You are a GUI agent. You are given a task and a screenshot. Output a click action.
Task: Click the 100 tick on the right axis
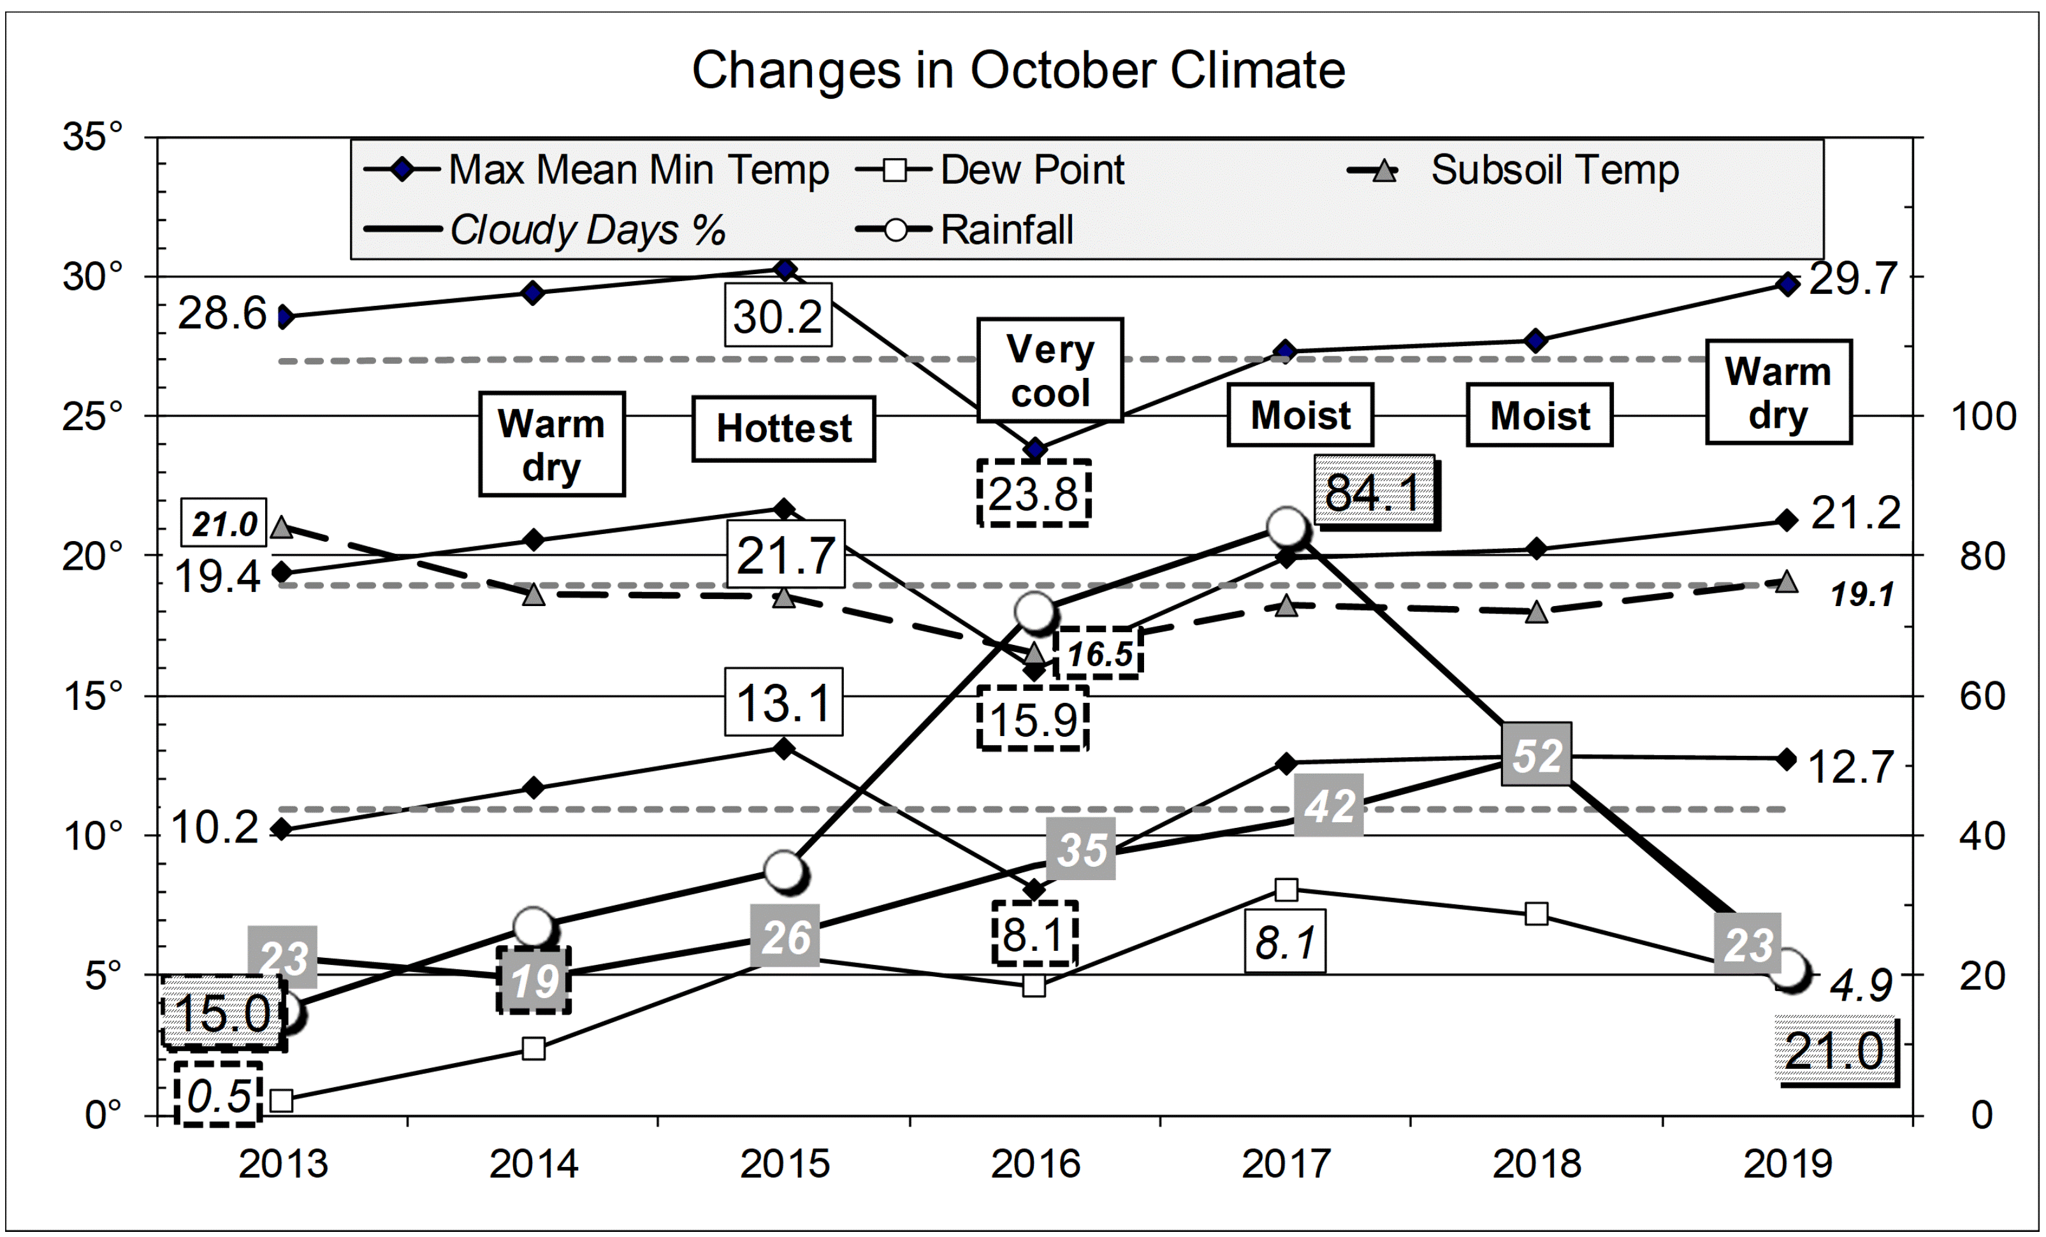pos(1983,416)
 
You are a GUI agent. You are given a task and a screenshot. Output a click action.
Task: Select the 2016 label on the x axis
pos(1034,1163)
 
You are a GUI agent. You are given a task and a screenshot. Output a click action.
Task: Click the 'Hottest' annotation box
pos(783,428)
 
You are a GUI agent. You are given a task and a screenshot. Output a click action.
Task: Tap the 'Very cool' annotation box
pos(1050,370)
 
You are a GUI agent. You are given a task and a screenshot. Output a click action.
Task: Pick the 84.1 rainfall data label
pos(1375,491)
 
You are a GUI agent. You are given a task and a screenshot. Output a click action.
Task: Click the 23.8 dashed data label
pos(1033,493)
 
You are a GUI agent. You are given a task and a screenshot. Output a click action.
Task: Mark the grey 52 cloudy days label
pos(1536,755)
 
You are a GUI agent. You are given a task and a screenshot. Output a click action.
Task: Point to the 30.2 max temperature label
pos(777,315)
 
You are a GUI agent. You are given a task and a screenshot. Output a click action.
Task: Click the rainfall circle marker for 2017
pos(1287,527)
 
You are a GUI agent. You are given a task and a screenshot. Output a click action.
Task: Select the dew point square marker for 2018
pos(1536,914)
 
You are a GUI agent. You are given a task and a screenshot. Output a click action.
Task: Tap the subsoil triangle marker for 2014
pos(534,595)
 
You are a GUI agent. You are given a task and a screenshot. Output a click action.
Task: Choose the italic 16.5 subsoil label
pos(1099,653)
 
